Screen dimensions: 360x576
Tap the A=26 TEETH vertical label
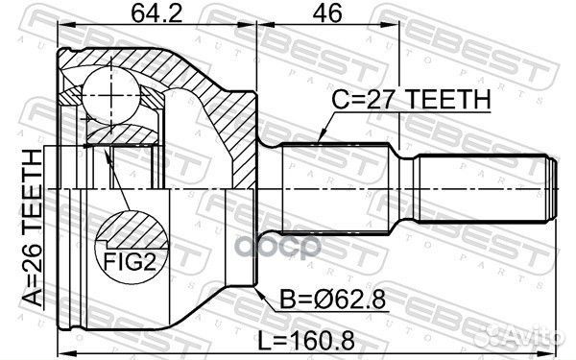(x=33, y=226)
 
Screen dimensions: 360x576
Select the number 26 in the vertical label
(x=33, y=278)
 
